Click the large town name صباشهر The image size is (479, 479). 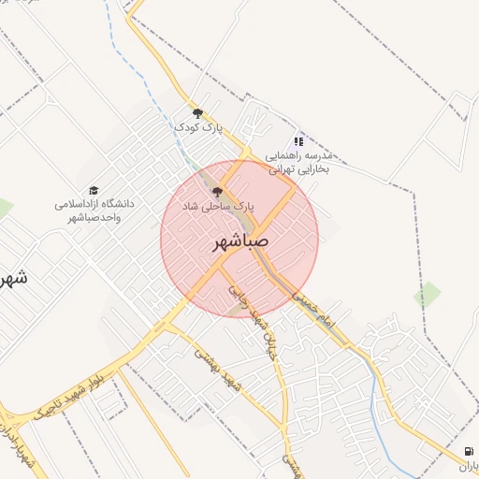[239, 242]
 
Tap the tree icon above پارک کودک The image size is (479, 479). [197, 113]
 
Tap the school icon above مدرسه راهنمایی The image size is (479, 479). [299, 140]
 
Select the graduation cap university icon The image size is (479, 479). [93, 189]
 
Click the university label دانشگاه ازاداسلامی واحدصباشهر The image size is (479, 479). [93, 210]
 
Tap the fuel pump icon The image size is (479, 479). [467, 450]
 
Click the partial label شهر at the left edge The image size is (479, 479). [11, 278]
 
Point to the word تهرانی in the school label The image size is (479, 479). [287, 171]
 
